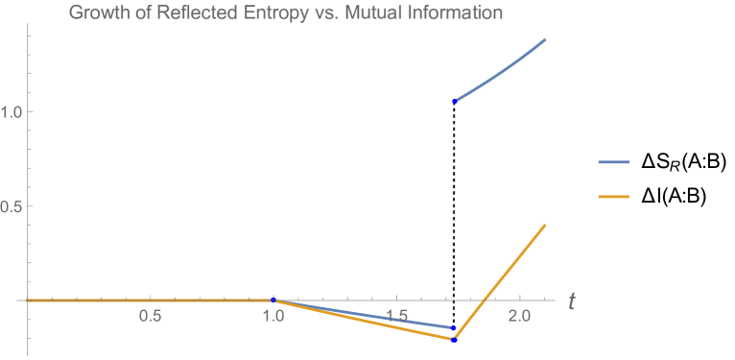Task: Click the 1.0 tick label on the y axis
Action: pos(12,111)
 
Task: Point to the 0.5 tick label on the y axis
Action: pos(12,205)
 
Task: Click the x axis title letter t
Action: pos(571,301)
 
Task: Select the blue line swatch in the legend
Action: pos(614,162)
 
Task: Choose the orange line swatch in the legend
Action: pos(614,197)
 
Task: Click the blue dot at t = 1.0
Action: pos(273,300)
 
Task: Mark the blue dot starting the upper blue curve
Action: pos(455,101)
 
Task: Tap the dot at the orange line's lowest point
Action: pos(455,340)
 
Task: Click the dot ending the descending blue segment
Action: pos(454,328)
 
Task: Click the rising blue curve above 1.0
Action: pos(504,70)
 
